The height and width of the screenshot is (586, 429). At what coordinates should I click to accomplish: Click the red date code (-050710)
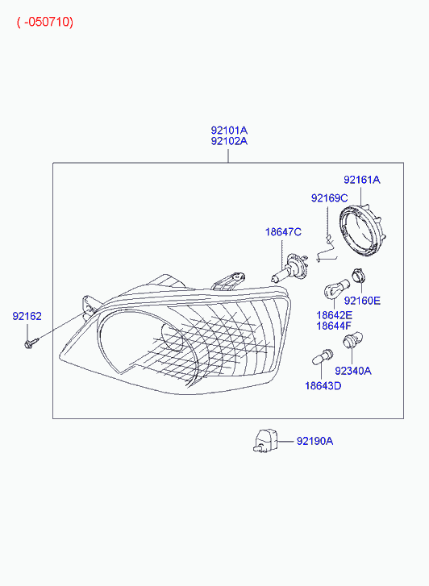click(x=45, y=22)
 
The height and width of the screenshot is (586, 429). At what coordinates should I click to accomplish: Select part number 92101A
click(x=229, y=131)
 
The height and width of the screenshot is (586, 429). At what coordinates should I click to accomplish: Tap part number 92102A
click(x=229, y=141)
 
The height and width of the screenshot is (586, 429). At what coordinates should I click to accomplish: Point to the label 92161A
click(x=362, y=180)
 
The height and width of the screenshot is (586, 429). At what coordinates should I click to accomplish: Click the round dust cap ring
click(x=362, y=231)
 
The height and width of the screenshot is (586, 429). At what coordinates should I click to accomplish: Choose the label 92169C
click(x=329, y=198)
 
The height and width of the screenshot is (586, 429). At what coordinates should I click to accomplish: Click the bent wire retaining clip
click(x=327, y=250)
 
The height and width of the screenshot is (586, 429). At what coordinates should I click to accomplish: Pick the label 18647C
click(x=283, y=232)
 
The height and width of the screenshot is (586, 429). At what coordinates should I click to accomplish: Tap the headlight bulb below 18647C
click(x=289, y=268)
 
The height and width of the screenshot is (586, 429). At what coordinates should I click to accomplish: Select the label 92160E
click(x=362, y=301)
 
